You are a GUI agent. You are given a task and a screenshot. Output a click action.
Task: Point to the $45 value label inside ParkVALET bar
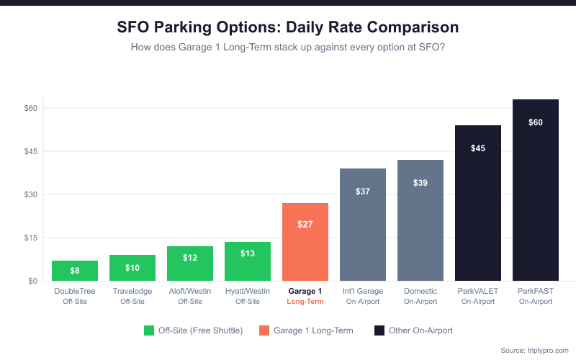(478, 148)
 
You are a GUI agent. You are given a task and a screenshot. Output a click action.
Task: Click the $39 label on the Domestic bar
(420, 183)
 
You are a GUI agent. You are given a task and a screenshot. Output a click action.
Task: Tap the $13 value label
(248, 253)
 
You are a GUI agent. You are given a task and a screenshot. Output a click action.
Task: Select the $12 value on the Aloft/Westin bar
(190, 258)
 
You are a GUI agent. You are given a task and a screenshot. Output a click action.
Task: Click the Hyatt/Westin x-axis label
(248, 291)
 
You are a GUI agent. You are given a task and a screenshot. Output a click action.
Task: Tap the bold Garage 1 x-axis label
(305, 291)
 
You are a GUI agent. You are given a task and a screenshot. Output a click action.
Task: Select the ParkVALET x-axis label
(478, 291)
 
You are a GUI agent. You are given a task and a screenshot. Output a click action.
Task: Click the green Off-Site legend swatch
(149, 330)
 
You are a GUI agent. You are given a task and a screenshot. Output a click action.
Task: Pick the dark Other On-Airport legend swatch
(379, 330)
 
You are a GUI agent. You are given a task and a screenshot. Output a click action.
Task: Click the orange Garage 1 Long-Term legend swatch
(264, 330)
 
